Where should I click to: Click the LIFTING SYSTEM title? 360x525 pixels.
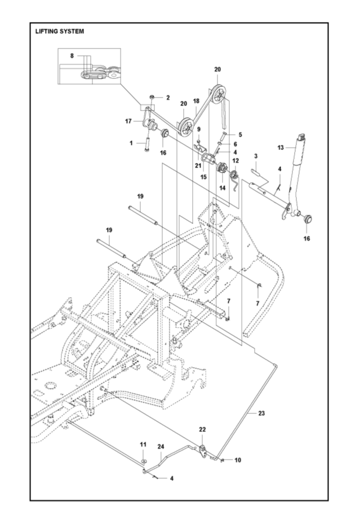60,32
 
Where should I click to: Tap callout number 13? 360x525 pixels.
281,148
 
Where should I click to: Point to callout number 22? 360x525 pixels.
203,430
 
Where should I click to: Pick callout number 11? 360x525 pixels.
143,445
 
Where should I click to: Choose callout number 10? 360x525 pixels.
238,460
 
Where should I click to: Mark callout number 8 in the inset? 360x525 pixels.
72,56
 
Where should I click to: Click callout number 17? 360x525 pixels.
128,121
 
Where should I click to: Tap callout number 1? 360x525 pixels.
132,143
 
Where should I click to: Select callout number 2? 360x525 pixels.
167,98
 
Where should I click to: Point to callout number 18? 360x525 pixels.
196,101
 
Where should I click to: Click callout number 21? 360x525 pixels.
198,165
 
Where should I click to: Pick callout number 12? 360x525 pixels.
235,161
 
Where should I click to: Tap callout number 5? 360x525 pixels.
240,135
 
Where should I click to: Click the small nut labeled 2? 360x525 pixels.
153,98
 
